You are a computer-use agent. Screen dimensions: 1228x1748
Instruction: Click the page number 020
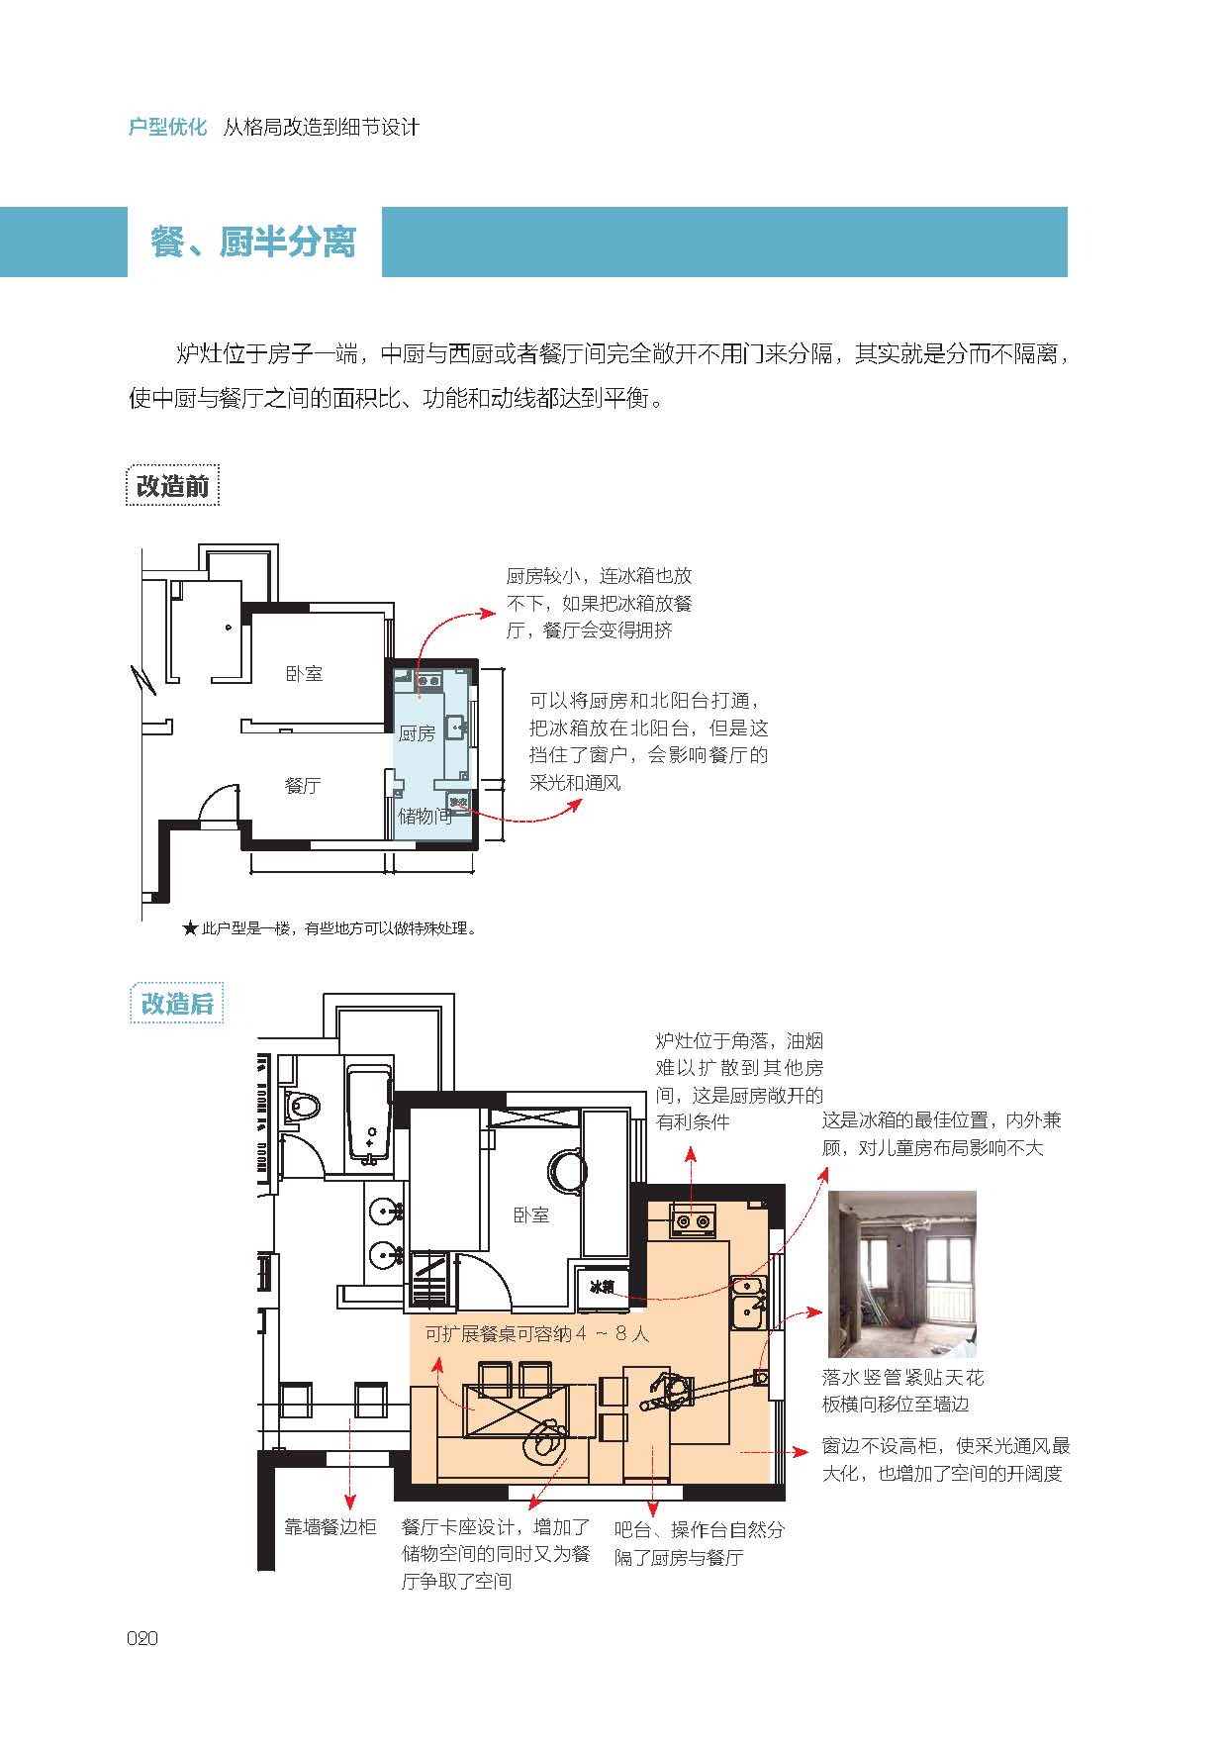[x=142, y=1638]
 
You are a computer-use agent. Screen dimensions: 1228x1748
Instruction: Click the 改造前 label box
[x=173, y=486]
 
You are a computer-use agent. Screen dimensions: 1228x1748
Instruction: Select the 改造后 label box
[x=177, y=1004]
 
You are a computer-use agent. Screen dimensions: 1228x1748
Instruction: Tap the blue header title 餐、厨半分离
[x=253, y=242]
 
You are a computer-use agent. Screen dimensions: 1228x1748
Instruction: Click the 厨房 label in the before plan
[x=417, y=733]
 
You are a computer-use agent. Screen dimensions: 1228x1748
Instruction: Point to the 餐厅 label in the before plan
[x=303, y=785]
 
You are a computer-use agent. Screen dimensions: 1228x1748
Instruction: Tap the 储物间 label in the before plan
[x=425, y=816]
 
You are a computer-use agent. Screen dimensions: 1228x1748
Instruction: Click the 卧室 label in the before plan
[x=304, y=673]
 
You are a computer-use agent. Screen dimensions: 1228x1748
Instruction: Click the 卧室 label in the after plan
[x=531, y=1214]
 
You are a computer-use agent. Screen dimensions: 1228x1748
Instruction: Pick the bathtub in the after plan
[x=370, y=1114]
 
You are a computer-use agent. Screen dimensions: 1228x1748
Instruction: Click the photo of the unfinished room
[x=902, y=1274]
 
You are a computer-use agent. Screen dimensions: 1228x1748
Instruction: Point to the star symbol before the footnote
[x=190, y=928]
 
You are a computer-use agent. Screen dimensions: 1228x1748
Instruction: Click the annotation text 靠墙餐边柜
[x=331, y=1527]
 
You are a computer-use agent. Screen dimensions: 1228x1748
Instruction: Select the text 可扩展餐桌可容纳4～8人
[x=537, y=1333]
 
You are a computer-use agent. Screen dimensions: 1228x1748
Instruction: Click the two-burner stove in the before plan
[x=428, y=680]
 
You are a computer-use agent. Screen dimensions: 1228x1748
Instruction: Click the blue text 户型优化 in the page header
[x=168, y=128]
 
